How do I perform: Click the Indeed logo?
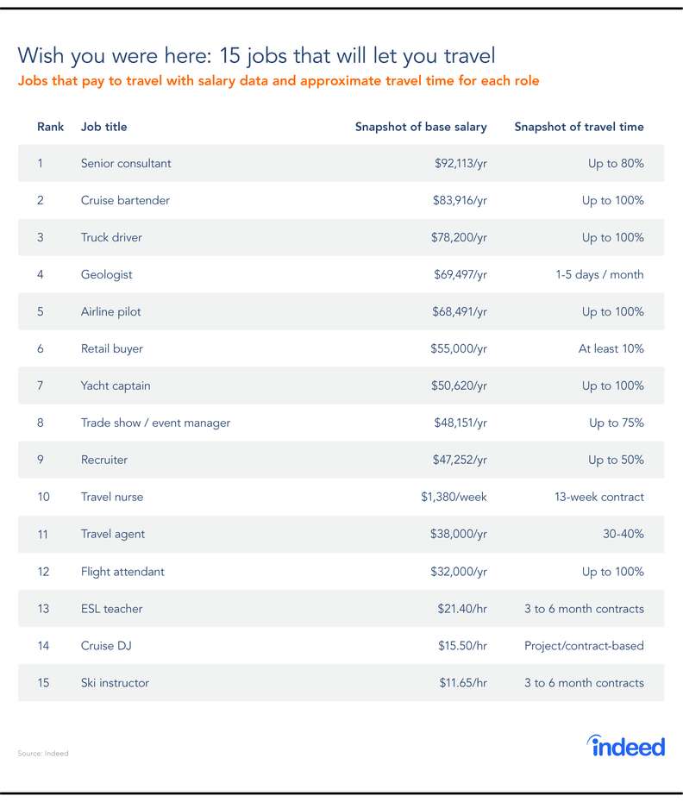626,746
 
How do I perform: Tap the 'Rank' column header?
50,127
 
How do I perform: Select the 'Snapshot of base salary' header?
421,127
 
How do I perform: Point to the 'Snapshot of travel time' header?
580,127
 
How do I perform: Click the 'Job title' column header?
103,127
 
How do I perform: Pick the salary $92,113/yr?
461,163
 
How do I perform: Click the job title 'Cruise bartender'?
125,200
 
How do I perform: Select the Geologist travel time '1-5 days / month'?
599,275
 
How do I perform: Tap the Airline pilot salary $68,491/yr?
460,311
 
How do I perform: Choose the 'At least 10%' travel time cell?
611,348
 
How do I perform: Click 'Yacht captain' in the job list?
116,385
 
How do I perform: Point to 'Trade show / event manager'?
155,423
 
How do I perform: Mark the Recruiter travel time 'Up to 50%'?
616,460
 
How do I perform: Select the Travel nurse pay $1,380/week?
454,497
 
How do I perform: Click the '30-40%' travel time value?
623,534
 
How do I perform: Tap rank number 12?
43,572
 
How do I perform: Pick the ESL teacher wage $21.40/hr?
462,609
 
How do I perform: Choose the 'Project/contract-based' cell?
585,646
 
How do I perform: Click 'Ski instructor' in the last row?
115,683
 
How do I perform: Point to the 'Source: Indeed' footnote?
43,754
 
